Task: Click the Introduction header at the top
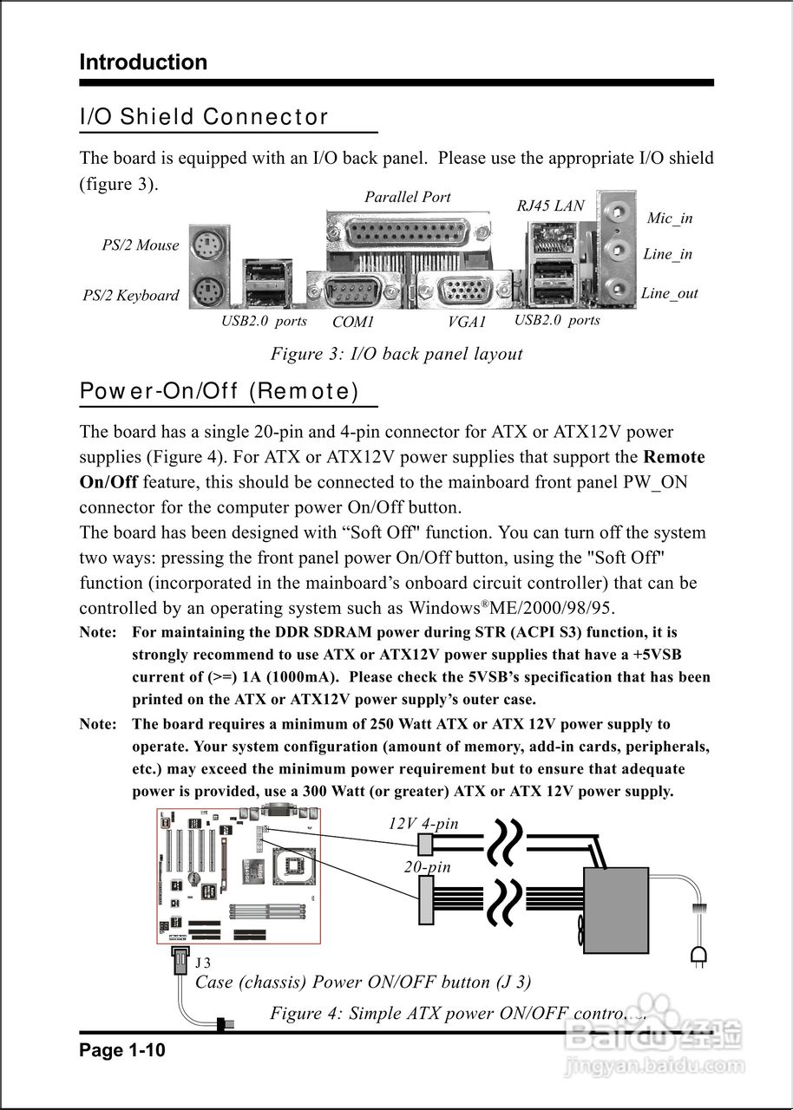click(143, 62)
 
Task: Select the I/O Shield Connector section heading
click(204, 117)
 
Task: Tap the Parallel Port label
click(408, 197)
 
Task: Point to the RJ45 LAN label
click(550, 206)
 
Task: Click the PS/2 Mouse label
click(140, 245)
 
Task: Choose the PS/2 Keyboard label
click(131, 296)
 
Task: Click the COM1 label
click(353, 322)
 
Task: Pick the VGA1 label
click(467, 322)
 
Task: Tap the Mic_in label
click(669, 218)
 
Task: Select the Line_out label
click(669, 293)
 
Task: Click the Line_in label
click(667, 254)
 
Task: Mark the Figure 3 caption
click(396, 354)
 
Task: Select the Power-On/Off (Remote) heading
click(219, 391)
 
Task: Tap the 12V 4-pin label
click(423, 824)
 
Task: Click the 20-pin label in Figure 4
click(427, 866)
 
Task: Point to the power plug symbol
click(698, 956)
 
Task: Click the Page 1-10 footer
click(121, 1051)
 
